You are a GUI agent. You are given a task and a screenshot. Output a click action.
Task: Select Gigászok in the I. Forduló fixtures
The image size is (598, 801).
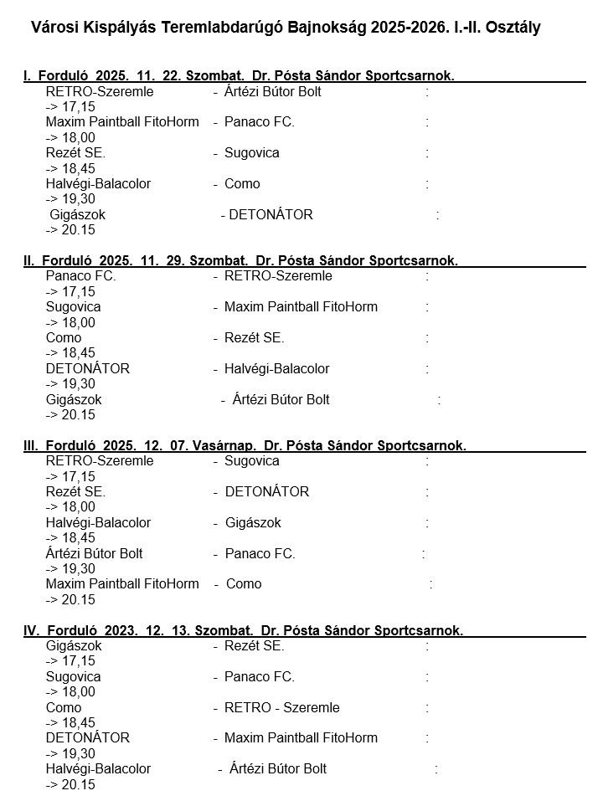coord(78,214)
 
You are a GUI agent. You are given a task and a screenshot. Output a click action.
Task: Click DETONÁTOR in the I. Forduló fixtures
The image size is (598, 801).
coord(271,214)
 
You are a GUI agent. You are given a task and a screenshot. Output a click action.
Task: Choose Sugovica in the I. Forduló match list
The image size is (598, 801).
coord(252,153)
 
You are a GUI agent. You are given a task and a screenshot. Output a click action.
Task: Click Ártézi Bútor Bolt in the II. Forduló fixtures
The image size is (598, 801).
coord(281,399)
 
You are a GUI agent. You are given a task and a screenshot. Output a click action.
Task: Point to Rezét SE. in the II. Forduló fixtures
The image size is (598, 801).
coord(255,338)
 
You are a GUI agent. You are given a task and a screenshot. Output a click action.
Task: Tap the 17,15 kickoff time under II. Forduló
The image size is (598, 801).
coord(79,292)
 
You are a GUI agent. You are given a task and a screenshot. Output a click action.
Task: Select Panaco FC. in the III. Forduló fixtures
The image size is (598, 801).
coord(260,553)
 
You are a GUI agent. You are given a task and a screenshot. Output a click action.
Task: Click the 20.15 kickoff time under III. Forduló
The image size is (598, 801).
coord(79,599)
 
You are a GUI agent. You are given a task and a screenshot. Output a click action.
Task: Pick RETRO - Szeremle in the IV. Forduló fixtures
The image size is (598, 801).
coord(282,707)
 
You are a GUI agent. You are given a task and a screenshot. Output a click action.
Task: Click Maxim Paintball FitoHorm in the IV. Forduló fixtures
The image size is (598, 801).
coord(301,737)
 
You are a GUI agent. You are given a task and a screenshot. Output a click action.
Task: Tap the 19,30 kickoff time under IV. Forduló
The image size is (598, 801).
coord(79,753)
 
